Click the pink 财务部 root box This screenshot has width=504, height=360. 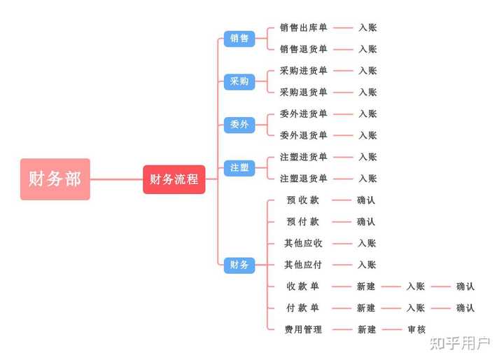(x=55, y=179)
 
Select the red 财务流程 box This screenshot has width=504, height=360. (x=174, y=179)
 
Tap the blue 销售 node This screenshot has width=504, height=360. (x=239, y=39)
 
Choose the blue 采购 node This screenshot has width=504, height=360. (x=239, y=81)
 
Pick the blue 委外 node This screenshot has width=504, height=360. (x=239, y=125)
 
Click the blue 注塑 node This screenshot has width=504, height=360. (x=239, y=167)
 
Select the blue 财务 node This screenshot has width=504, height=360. (x=239, y=265)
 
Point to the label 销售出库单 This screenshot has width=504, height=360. (x=303, y=28)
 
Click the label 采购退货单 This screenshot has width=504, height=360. (x=303, y=92)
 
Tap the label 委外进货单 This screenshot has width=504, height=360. (x=303, y=114)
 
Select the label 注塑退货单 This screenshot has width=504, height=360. (x=303, y=179)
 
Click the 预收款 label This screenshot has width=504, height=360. (x=303, y=200)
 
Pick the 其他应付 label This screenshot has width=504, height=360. (x=303, y=265)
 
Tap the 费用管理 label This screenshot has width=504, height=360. (x=303, y=329)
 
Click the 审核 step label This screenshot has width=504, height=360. (x=416, y=329)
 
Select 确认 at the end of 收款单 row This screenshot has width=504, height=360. (x=465, y=286)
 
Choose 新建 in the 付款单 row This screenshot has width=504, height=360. (x=366, y=308)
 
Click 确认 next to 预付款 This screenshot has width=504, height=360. (x=366, y=222)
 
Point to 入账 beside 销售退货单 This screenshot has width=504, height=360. (x=367, y=50)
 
